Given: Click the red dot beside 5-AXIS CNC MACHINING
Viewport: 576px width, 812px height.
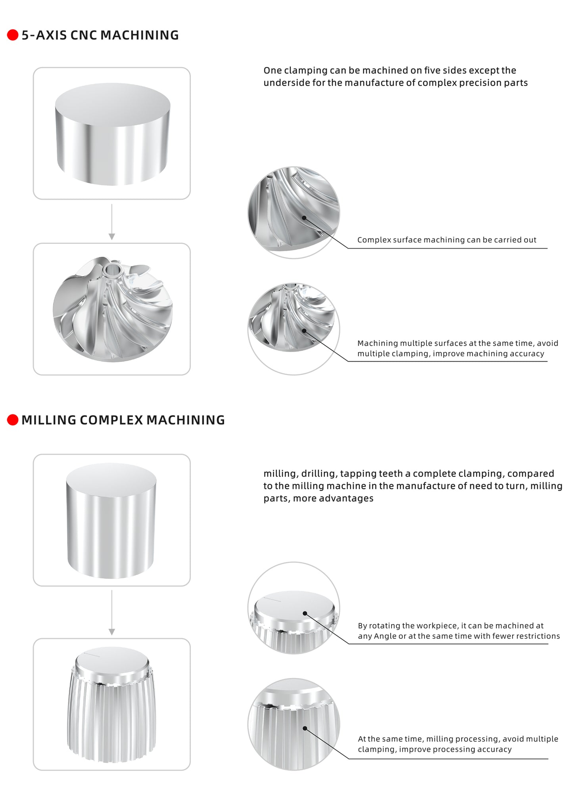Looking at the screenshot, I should coord(13,35).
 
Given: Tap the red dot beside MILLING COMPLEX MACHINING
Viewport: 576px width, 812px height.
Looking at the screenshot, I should coord(13,420).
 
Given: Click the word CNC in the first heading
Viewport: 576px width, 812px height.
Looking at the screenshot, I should coord(83,35).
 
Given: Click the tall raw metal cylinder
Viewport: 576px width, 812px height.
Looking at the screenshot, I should coord(111,520).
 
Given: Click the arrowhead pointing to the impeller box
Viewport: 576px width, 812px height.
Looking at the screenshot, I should coord(112,237).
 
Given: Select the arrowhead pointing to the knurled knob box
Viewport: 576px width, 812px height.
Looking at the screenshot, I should coord(112,632).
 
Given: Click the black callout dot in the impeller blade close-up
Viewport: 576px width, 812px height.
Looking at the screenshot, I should coord(304,218).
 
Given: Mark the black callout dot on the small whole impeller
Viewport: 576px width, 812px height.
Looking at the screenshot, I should coord(304,331).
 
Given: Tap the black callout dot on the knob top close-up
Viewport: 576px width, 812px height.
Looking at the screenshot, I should coord(305,613).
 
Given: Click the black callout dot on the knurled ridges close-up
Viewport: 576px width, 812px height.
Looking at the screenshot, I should coord(305,728).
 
